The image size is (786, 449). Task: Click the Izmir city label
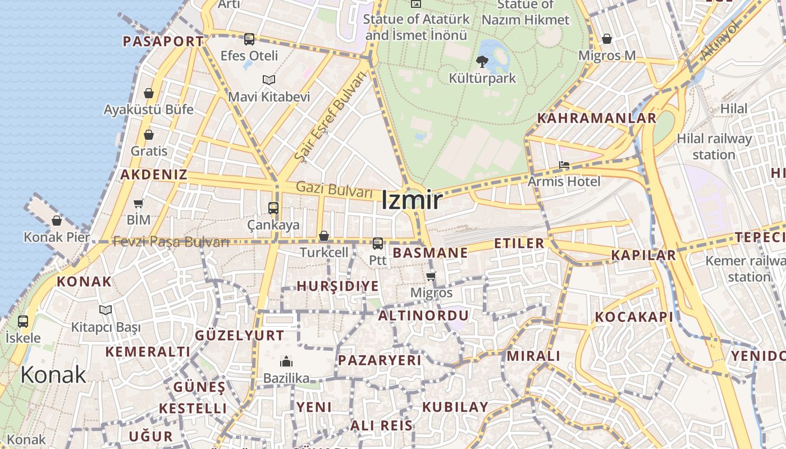coord(412,200)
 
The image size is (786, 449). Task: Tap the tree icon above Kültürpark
coord(482,62)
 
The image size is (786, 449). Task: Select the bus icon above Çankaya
coord(273,208)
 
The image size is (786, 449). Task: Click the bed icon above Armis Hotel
coord(564,165)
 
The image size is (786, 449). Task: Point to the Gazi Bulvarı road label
coord(334,189)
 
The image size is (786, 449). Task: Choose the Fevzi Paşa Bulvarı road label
coord(171,242)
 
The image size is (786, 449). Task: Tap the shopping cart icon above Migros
coord(431,276)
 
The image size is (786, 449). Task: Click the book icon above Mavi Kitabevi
coord(269,80)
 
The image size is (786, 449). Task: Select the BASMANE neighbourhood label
coord(430,253)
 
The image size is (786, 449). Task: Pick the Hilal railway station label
coord(714,146)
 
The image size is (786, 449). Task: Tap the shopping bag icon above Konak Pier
coord(57,221)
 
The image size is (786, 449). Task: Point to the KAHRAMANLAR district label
coord(597,118)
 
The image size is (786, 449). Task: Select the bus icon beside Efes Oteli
coord(249,39)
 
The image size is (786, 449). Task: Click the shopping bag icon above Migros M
coord(607,39)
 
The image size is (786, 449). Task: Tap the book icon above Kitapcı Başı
coord(106,310)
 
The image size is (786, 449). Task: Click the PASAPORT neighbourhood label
coord(163,42)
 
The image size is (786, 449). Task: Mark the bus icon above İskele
coord(23,322)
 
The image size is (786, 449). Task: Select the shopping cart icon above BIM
coord(139,203)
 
